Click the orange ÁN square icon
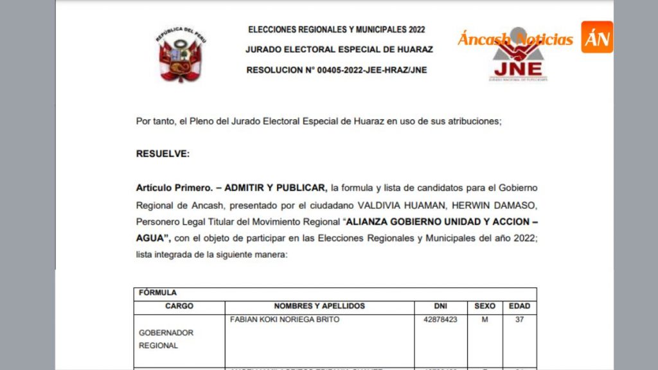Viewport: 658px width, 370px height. click(x=597, y=37)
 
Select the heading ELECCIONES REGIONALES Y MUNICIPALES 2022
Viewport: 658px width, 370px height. click(x=336, y=30)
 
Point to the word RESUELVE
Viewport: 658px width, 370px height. click(x=163, y=154)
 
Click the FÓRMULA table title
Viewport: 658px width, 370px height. click(x=157, y=293)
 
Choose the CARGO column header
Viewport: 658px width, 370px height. click(x=179, y=306)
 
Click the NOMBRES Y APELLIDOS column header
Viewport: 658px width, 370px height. click(x=319, y=306)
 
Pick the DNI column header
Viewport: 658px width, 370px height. click(x=440, y=306)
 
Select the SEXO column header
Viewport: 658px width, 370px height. click(x=485, y=306)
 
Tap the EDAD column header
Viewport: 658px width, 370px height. click(x=519, y=306)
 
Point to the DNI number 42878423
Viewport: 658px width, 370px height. click(x=441, y=320)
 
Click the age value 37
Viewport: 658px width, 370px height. click(x=519, y=320)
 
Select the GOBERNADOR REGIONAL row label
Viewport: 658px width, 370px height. click(x=166, y=339)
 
